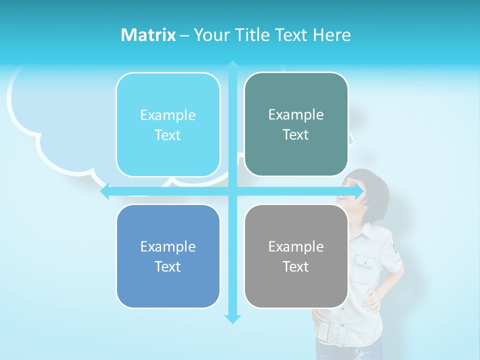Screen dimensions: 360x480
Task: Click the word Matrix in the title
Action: tap(148, 35)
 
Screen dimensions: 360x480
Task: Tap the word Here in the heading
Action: tap(332, 35)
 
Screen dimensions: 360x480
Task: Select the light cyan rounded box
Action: tap(168, 124)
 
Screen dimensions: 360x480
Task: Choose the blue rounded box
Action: tap(168, 256)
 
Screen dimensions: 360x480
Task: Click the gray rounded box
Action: tap(296, 256)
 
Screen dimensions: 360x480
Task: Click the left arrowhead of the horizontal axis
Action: tap(105, 191)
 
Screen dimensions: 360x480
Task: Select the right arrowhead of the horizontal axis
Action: tap(359, 191)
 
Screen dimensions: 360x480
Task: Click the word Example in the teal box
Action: tap(296, 114)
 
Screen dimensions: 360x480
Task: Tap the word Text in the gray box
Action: tap(296, 266)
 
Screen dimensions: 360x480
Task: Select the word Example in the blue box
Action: tap(168, 246)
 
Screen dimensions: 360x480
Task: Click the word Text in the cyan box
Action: tap(168, 135)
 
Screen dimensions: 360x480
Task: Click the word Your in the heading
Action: tap(210, 35)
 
